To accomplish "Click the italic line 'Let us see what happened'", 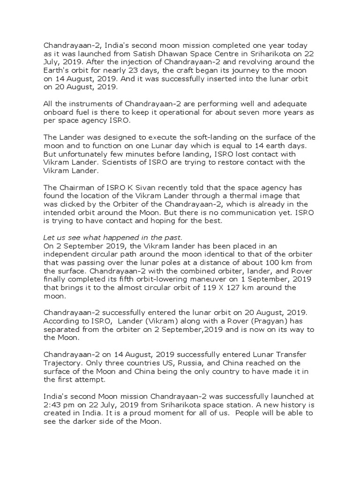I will [110, 237].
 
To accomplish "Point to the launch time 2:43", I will [53, 405].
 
